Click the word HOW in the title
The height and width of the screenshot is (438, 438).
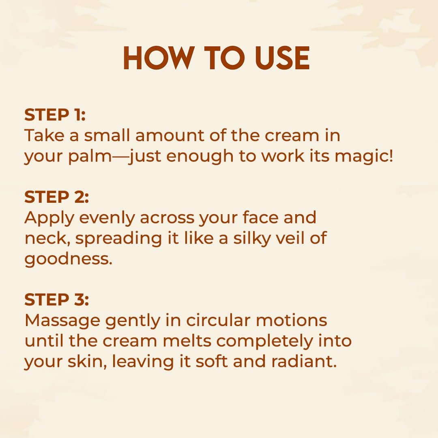(x=159, y=58)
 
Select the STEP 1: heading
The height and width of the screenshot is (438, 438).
(x=55, y=114)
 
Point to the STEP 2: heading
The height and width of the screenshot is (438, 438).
(x=57, y=197)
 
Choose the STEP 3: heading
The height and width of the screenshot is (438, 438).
(x=57, y=299)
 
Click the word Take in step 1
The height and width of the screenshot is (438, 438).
(x=44, y=135)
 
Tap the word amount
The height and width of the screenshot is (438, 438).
(x=170, y=135)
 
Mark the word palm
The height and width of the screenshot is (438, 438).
(x=90, y=157)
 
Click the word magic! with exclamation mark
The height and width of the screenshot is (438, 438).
(x=364, y=157)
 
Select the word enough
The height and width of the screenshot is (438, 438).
(x=200, y=157)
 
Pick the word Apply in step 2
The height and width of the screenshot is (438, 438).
(x=49, y=218)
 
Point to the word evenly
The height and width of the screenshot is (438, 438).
(x=107, y=218)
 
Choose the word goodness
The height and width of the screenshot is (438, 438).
(x=69, y=259)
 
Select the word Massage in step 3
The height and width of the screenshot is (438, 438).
(x=62, y=321)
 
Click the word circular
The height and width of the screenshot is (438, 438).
(x=218, y=320)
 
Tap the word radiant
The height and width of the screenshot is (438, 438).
(x=304, y=361)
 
